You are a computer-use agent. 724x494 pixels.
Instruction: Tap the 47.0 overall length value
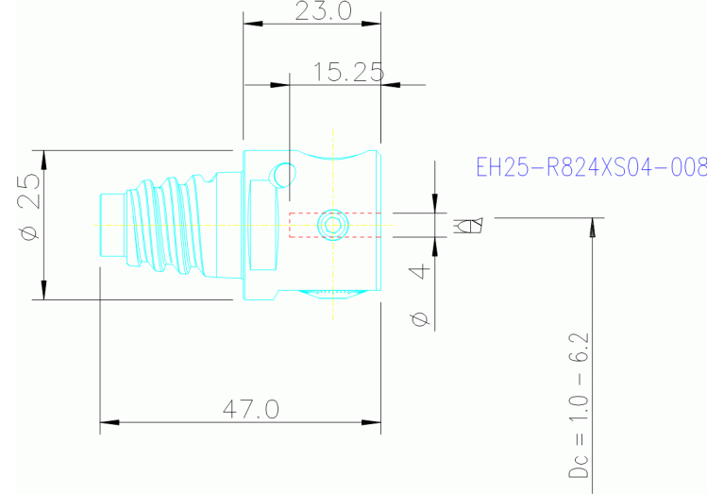pos(250,409)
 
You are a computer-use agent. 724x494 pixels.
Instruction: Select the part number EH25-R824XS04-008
pos(591,167)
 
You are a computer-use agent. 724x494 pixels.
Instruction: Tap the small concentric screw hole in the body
pos(331,225)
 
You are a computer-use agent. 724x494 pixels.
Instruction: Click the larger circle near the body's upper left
pos(282,174)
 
